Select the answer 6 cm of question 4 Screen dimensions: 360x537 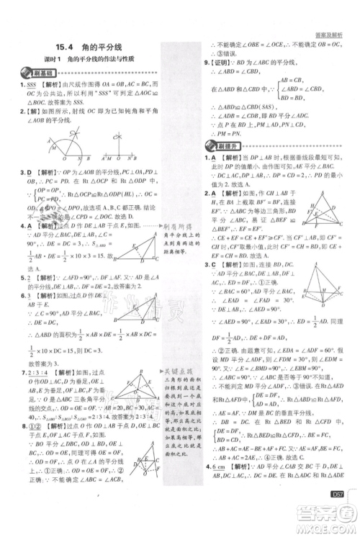(x=214, y=487)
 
